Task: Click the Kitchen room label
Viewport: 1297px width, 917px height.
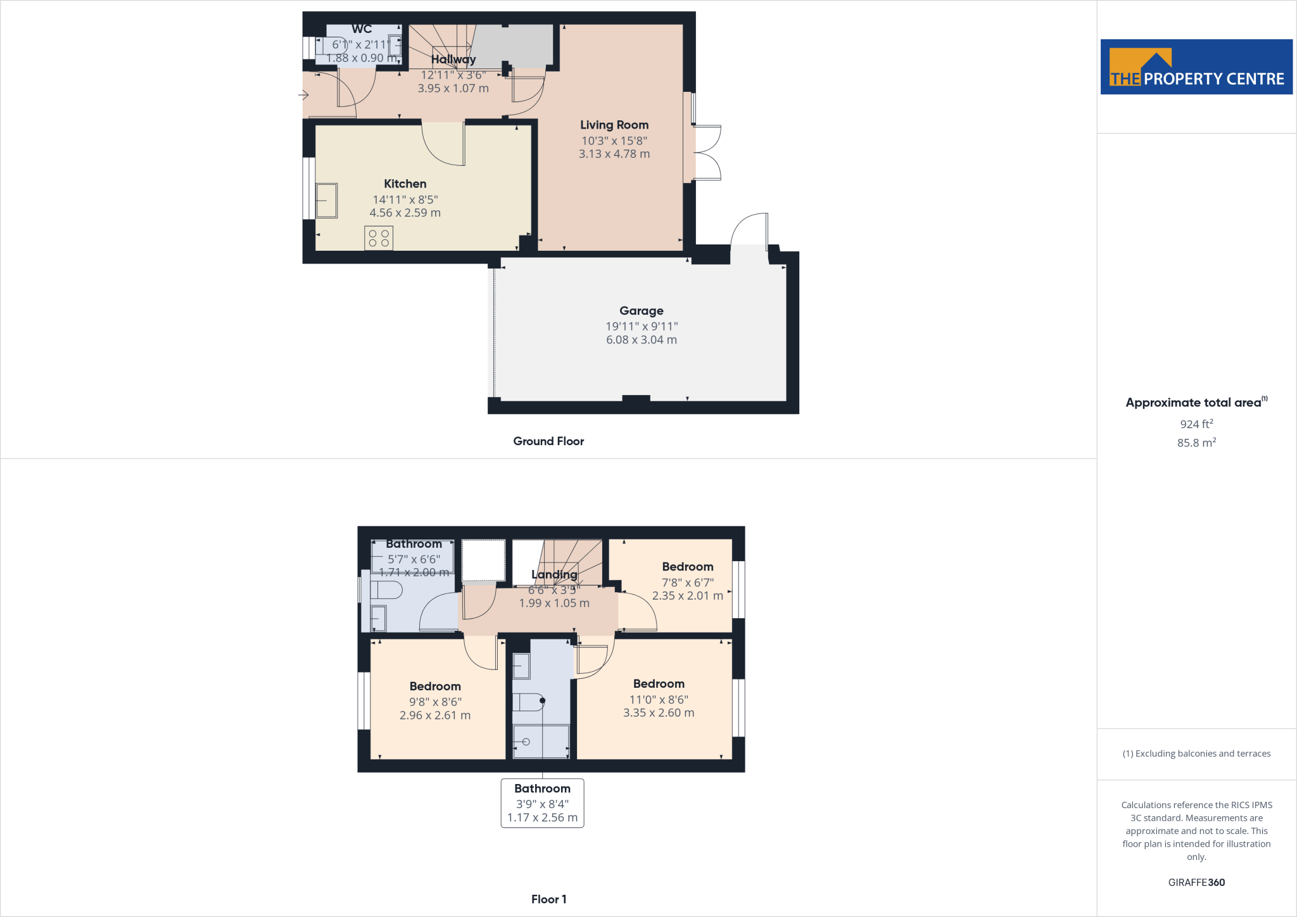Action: coord(405,184)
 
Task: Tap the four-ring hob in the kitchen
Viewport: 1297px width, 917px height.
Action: coord(379,238)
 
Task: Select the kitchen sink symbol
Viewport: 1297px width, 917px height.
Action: coord(327,200)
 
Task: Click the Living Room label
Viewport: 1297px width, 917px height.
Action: coord(614,125)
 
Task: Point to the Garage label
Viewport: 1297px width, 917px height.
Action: coord(642,310)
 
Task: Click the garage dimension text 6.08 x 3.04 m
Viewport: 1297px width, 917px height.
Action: coord(642,339)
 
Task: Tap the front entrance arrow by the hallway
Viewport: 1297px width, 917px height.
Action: coord(303,96)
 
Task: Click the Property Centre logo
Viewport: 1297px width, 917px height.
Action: coord(1196,67)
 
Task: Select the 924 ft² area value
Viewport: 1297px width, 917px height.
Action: coord(1196,424)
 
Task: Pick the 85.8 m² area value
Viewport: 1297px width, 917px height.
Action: coord(1196,443)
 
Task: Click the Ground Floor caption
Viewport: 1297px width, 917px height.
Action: coord(548,441)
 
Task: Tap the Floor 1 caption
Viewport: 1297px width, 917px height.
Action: coord(548,899)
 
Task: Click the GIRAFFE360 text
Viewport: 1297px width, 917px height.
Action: coord(1196,882)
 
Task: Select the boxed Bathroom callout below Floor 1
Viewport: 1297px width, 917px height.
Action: coord(542,802)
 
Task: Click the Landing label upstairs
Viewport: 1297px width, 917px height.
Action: coord(554,574)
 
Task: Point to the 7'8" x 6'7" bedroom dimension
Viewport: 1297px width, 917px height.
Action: coord(688,582)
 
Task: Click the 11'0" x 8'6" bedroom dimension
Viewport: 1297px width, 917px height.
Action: coord(659,699)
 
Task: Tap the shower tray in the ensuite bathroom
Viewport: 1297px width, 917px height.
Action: coord(541,741)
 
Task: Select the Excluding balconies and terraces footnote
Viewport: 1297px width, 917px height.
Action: coord(1196,753)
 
